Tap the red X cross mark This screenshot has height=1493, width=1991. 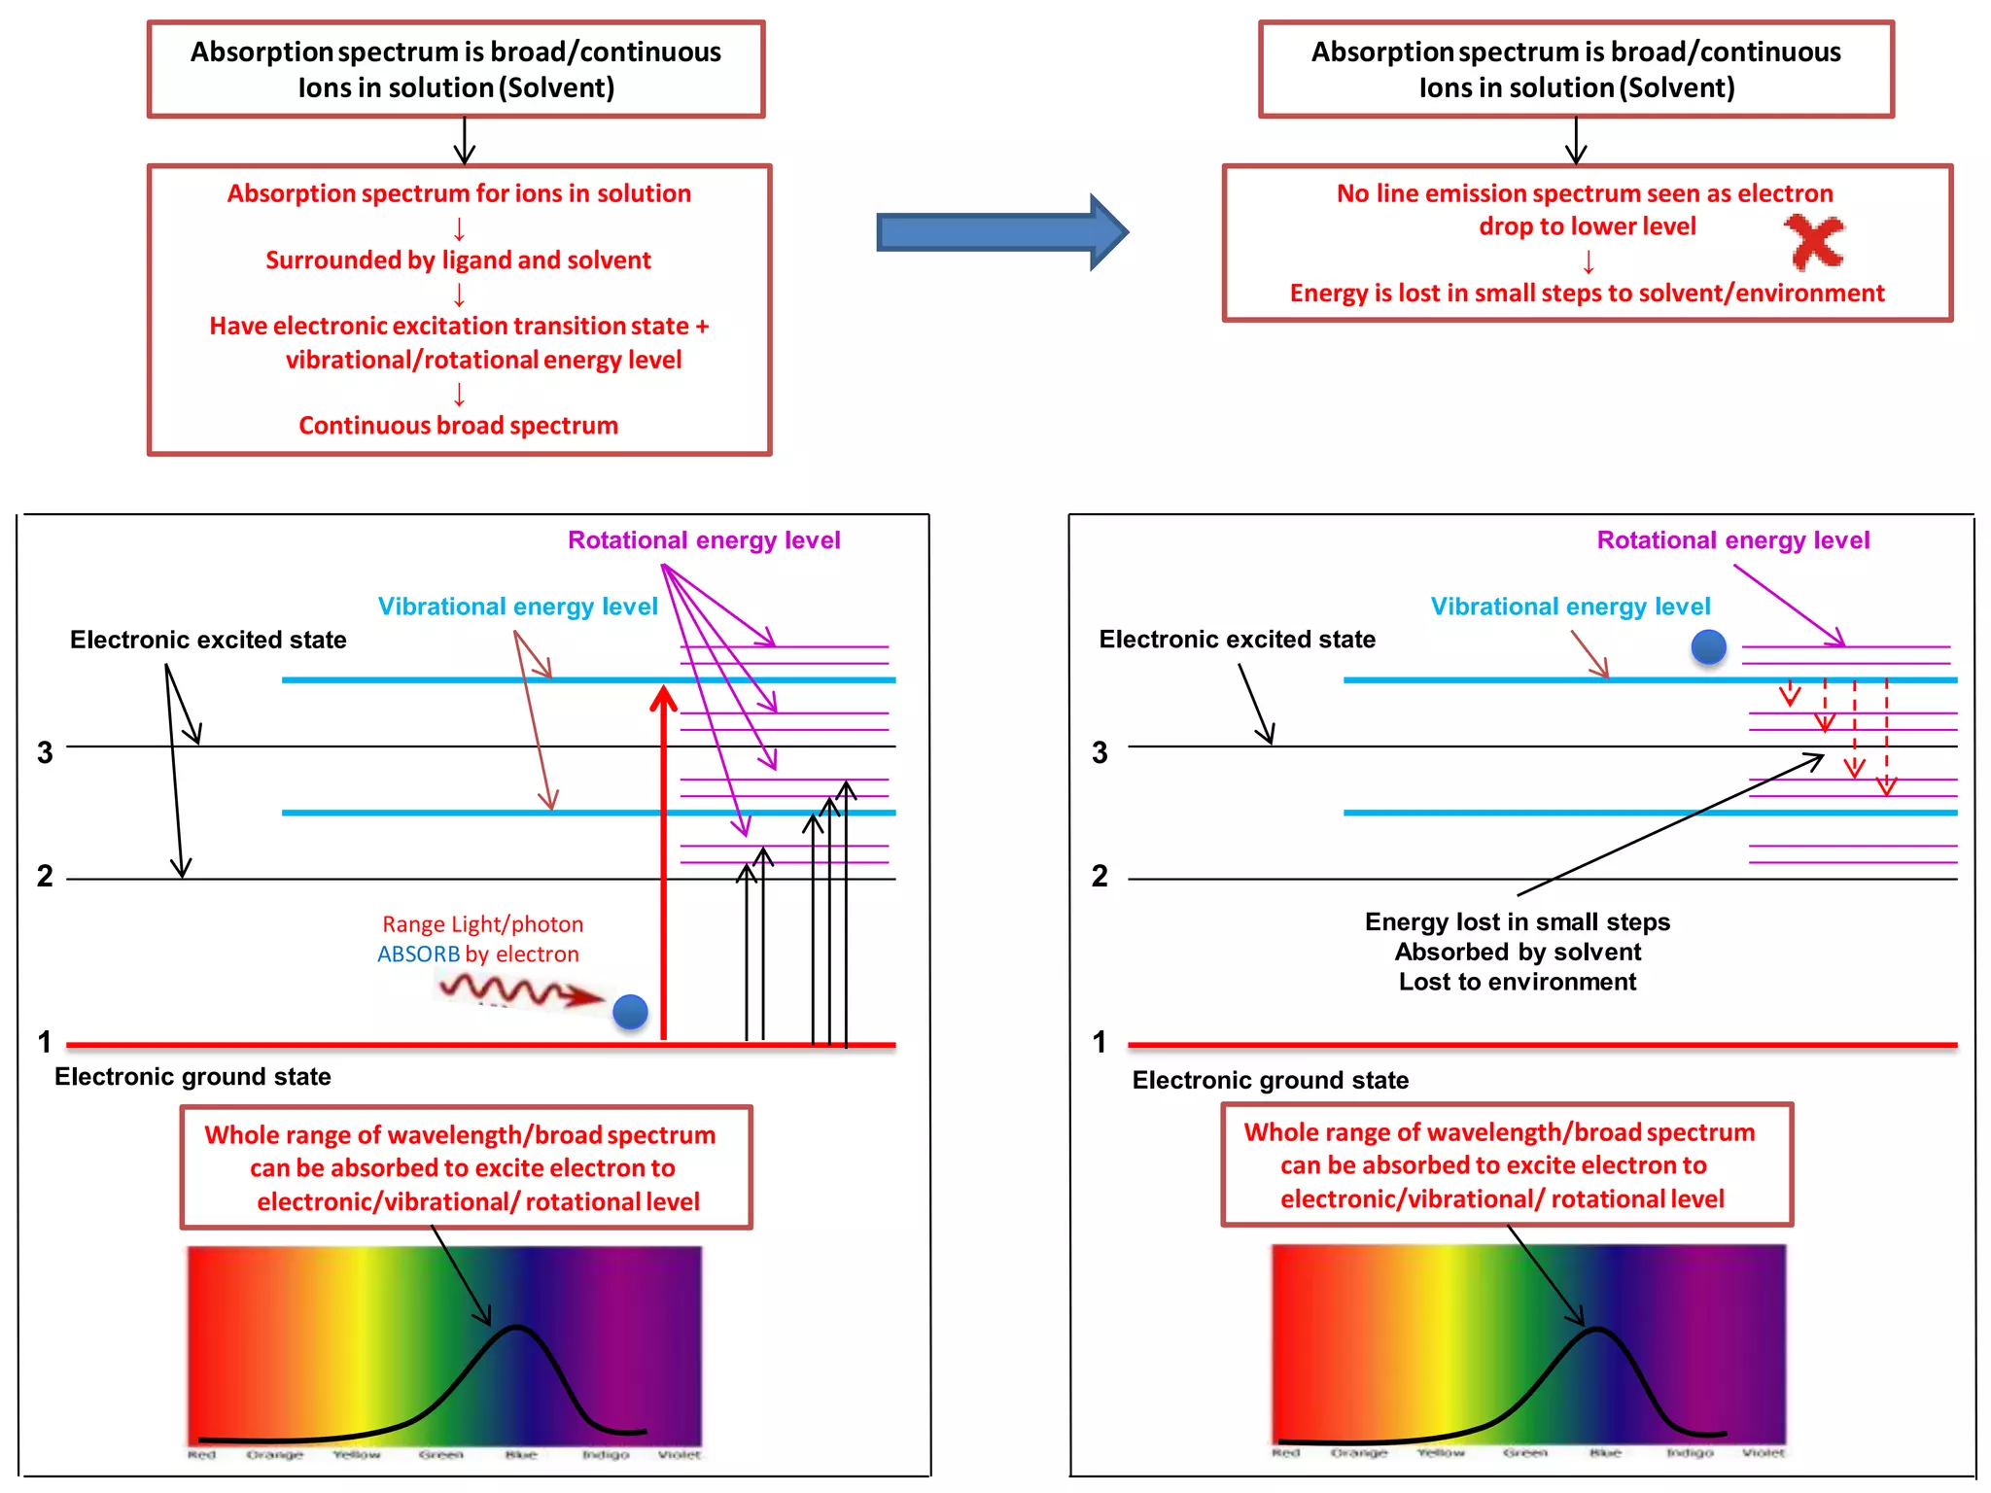pos(1813,242)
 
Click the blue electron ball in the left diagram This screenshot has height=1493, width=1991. pos(630,1012)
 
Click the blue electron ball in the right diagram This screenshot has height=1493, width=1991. pos(1708,646)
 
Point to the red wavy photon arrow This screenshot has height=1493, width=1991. pos(520,990)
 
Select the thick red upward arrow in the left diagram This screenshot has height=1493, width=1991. pos(664,855)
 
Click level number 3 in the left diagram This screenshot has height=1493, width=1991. pos(45,752)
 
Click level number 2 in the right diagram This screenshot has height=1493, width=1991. pos(1100,876)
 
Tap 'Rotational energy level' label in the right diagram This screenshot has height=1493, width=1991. pos(1732,540)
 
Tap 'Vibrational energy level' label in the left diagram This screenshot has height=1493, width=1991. pos(517,607)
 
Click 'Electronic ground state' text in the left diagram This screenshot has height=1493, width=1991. pos(192,1077)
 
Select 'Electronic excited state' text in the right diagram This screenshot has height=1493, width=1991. pos(1237,640)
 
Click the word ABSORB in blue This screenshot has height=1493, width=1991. pos(418,955)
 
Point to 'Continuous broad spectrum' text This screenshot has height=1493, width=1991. pos(458,426)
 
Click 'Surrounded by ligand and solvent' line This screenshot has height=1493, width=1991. pos(458,260)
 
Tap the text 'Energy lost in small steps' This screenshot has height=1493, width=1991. pos(1517,921)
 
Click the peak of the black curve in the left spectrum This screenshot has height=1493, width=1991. pos(517,1327)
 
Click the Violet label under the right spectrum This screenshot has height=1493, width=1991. pos(1763,1452)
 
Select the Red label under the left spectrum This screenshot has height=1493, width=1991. pos(201,1455)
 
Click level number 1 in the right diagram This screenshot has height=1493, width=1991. pos(1100,1042)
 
